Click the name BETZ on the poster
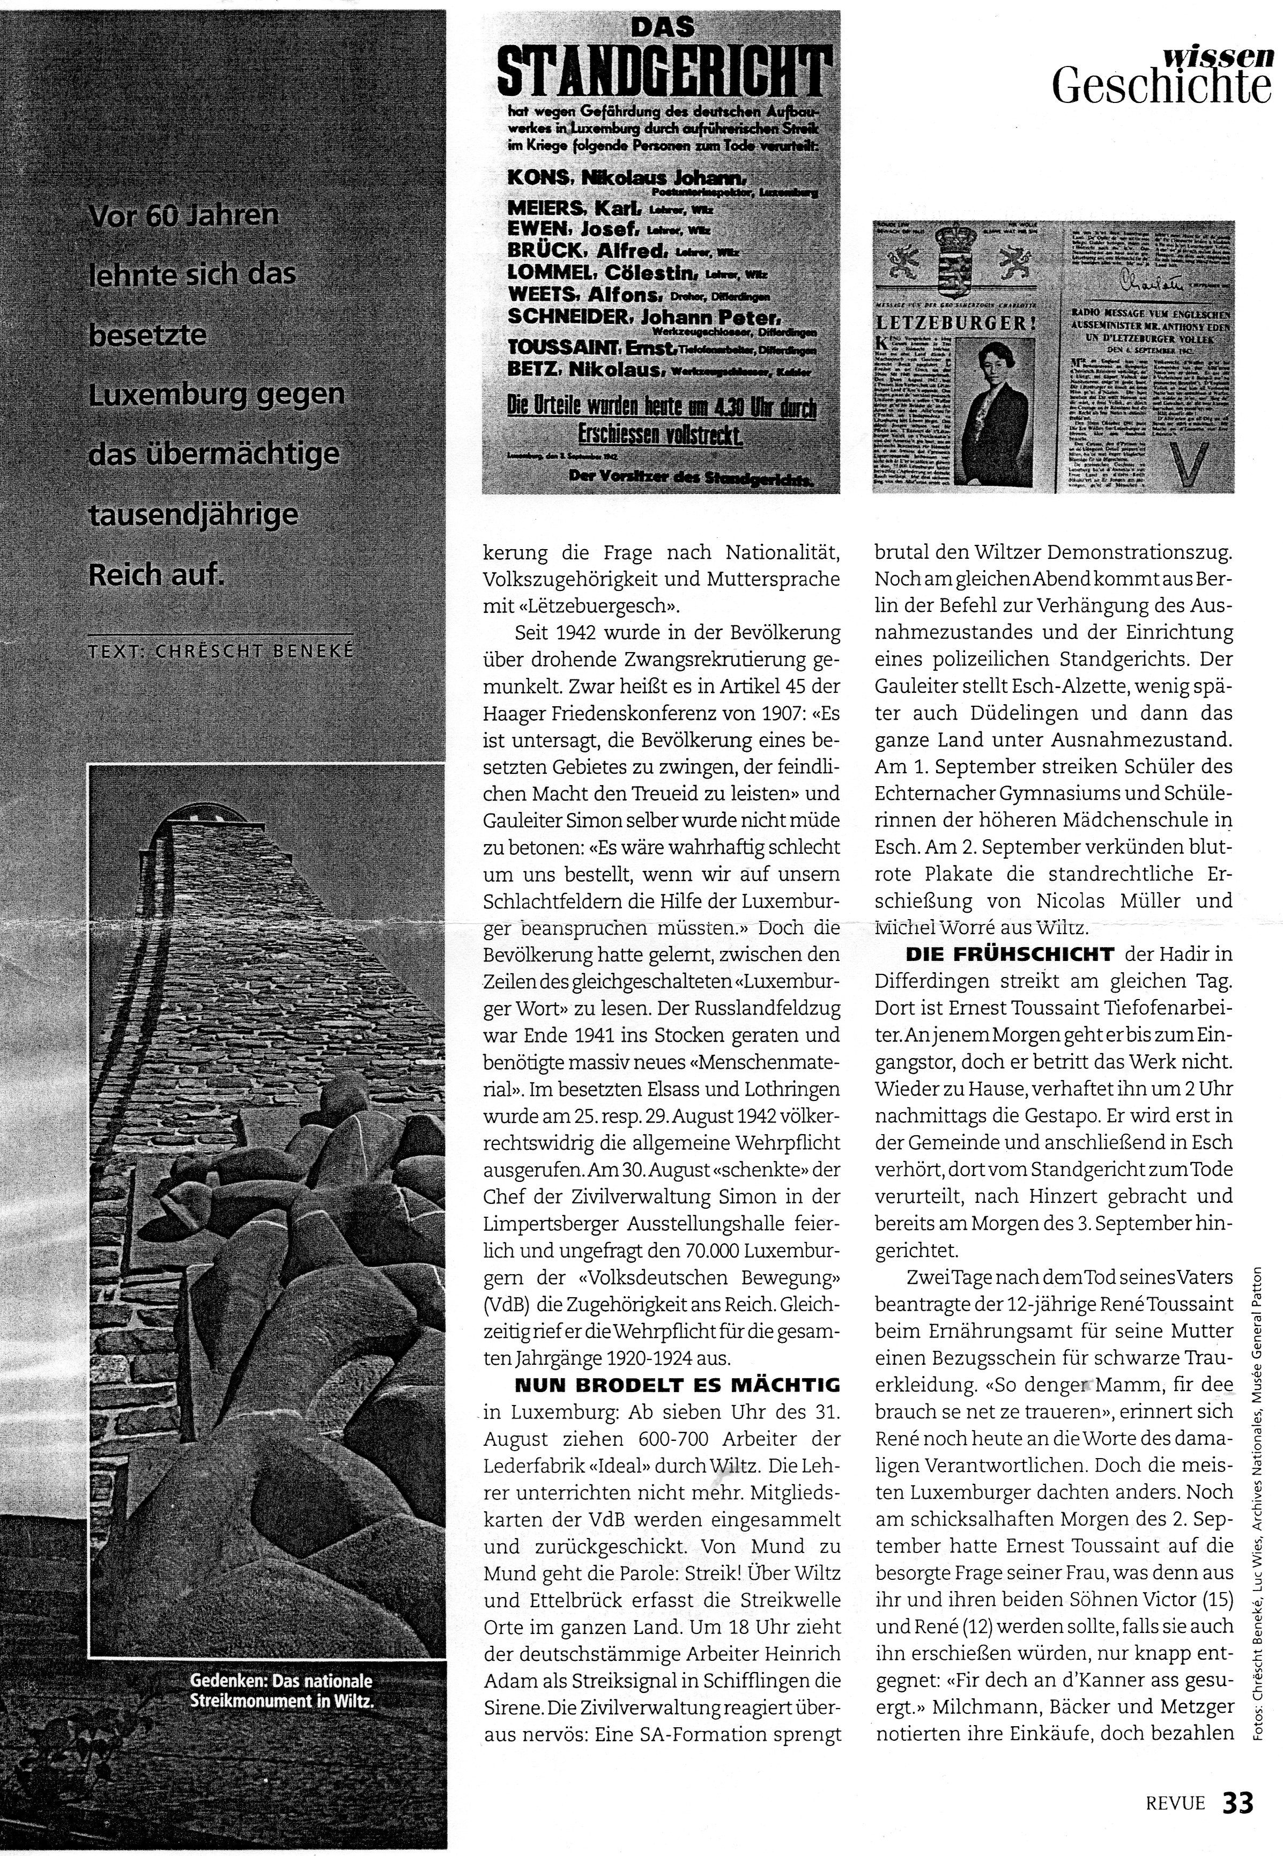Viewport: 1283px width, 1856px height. click(535, 369)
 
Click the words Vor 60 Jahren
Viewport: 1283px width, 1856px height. click(184, 216)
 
